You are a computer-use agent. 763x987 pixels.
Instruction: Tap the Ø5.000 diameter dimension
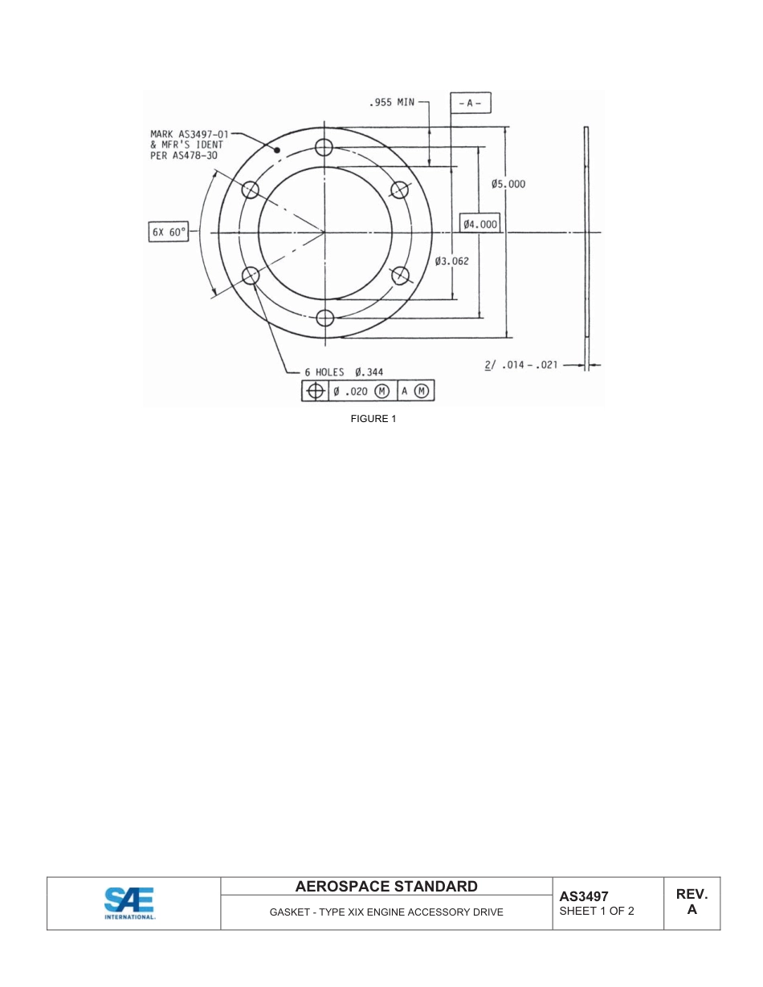(x=508, y=184)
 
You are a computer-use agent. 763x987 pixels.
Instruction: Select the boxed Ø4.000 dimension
(x=479, y=224)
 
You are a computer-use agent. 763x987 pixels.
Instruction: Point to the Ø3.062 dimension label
(x=451, y=261)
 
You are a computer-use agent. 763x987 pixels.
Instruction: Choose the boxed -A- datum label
(x=469, y=104)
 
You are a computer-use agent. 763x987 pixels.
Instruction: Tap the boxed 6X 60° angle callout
(x=169, y=233)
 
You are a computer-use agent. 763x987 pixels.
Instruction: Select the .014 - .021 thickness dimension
(x=521, y=365)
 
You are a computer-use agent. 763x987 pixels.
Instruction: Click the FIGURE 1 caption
(x=373, y=419)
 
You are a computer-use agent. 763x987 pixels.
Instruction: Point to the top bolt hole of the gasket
(x=324, y=147)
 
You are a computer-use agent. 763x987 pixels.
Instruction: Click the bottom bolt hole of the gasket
(x=324, y=318)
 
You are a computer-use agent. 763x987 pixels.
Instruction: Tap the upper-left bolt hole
(x=251, y=189)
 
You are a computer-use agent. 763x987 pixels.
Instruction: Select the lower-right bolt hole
(x=399, y=274)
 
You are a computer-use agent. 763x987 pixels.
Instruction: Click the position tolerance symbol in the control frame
(x=316, y=391)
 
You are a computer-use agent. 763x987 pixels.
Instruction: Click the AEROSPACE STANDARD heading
(x=386, y=887)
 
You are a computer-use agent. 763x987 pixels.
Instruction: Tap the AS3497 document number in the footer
(x=584, y=896)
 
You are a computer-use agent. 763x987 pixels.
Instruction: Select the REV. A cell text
(x=692, y=902)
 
